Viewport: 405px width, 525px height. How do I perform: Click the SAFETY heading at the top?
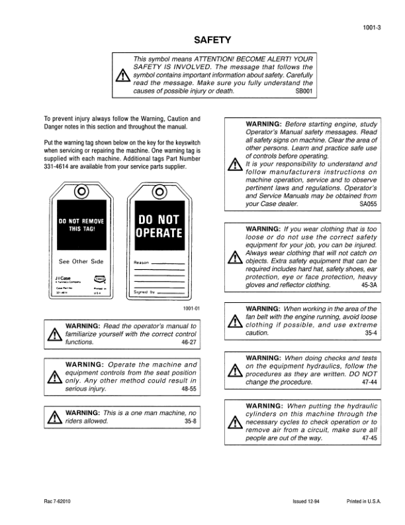pos(202,40)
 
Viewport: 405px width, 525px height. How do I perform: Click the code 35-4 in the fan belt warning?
pos(371,334)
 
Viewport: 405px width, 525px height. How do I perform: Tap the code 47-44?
pos(369,383)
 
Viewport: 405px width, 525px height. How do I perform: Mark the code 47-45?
pos(369,439)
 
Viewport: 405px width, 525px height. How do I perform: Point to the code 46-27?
pos(189,343)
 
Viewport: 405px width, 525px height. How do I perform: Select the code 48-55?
pos(189,391)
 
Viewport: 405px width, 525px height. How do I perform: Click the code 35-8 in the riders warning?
pos(190,421)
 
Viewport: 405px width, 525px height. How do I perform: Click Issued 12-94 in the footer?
pos(308,500)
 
